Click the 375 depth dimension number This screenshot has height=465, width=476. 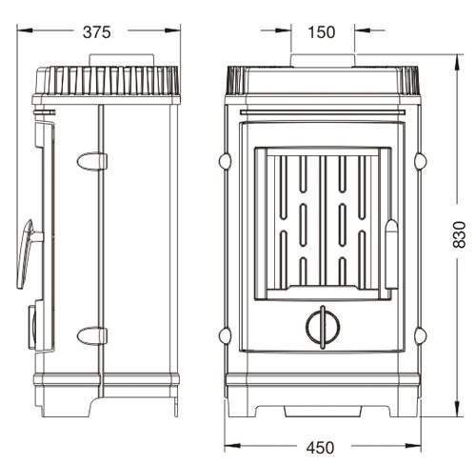[97, 32]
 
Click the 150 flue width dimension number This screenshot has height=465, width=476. [322, 32]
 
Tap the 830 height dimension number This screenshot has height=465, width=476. [459, 234]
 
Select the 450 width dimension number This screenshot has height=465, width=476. [320, 448]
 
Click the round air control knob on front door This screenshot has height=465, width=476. [323, 327]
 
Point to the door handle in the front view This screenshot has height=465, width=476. [391, 254]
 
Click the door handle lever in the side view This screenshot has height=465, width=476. [27, 253]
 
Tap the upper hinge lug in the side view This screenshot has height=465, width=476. [91, 161]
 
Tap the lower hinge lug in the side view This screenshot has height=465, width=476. [91, 336]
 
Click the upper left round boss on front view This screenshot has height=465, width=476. [225, 161]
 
